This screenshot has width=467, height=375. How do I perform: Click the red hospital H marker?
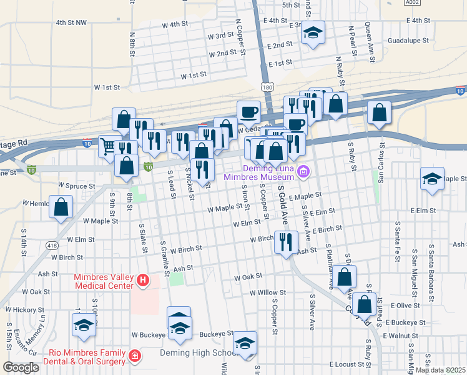coord(143,281)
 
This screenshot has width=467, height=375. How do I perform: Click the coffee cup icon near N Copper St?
coord(248,112)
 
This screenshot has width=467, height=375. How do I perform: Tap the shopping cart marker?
coord(109,146)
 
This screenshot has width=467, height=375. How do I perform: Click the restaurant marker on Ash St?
coord(286,241)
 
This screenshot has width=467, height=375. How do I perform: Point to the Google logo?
coord(21,367)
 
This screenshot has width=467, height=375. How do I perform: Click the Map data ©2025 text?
coord(440,370)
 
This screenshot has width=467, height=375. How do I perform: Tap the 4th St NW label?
coord(71,22)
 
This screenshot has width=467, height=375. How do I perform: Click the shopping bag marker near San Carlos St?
coord(379,112)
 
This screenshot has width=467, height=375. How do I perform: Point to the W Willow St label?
coord(267,292)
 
